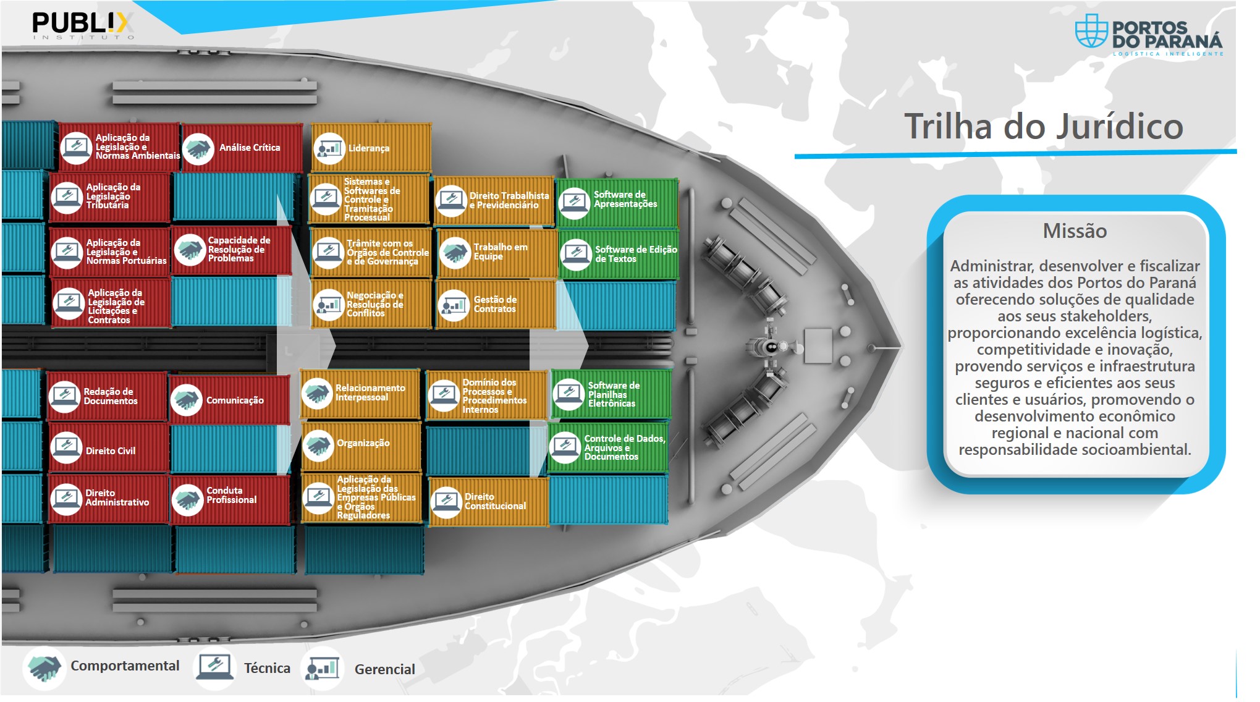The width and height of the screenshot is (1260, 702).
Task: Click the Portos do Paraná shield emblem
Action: coord(1091,32)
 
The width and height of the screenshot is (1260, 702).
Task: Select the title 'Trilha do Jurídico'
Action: coord(1043,127)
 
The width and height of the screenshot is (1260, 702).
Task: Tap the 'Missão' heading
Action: coord(1075,231)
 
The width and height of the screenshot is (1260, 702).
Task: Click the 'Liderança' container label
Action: coord(369,148)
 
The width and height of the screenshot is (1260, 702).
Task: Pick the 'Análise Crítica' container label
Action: coord(250,148)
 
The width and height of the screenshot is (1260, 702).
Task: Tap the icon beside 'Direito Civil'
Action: coord(67,447)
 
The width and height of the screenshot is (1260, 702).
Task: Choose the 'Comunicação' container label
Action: coord(235,400)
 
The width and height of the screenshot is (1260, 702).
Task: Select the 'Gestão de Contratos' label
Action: coord(495,304)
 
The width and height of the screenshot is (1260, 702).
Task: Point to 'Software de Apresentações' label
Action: coord(625,199)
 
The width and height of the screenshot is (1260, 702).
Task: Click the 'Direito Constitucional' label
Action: coord(495,501)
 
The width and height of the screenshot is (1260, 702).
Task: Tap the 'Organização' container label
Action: coord(363,443)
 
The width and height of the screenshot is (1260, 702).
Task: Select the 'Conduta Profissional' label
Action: coord(231,495)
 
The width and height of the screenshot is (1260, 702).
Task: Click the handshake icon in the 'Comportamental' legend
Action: coord(44,668)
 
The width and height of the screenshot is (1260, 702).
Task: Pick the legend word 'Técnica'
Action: coord(267,668)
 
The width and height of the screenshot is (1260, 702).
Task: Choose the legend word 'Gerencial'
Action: coord(385,669)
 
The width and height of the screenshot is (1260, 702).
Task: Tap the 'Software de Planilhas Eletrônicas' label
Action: coord(614,394)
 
